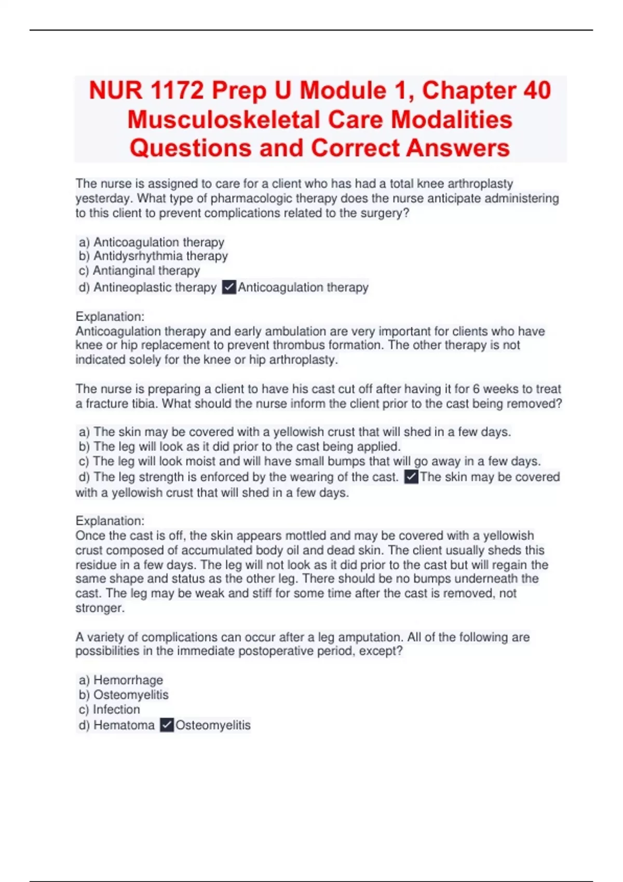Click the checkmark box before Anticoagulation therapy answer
(x=229, y=287)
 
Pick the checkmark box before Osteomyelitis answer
(x=167, y=725)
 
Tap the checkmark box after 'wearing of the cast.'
(x=411, y=477)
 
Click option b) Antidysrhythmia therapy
(x=153, y=256)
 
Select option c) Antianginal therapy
(x=139, y=270)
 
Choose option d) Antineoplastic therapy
(x=147, y=287)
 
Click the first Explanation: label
(x=110, y=316)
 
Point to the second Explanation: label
(x=110, y=521)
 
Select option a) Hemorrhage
(x=121, y=680)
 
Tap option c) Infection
(x=110, y=709)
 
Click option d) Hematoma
(x=117, y=725)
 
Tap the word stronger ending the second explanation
(x=100, y=608)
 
